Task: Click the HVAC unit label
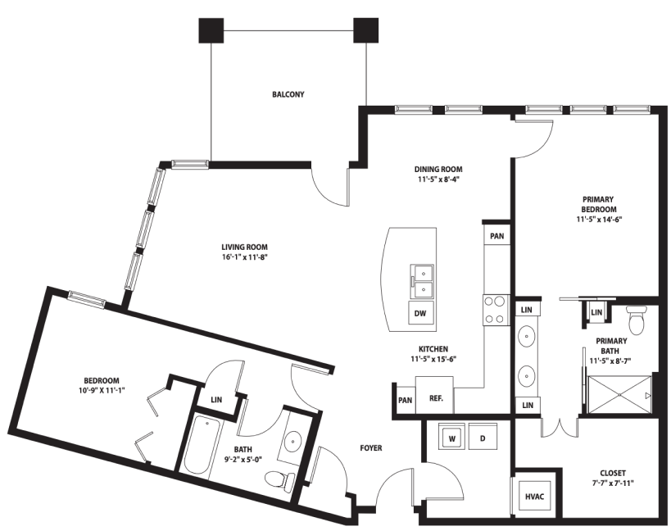point(534,497)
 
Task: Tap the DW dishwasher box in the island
point(420,313)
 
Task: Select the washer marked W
point(451,438)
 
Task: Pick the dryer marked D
point(483,438)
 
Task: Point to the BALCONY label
point(288,94)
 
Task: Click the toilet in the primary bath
point(637,320)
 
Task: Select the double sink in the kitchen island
point(423,281)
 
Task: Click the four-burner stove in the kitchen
point(496,310)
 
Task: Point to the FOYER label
point(371,448)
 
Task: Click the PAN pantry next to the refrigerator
point(405,400)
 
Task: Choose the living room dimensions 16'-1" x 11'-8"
point(244,257)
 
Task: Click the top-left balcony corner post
point(211,30)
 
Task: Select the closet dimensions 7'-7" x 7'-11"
point(612,483)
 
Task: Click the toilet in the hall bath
point(280,479)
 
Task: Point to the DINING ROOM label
point(438,169)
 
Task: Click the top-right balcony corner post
point(366,30)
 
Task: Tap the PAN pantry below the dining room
point(496,236)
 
